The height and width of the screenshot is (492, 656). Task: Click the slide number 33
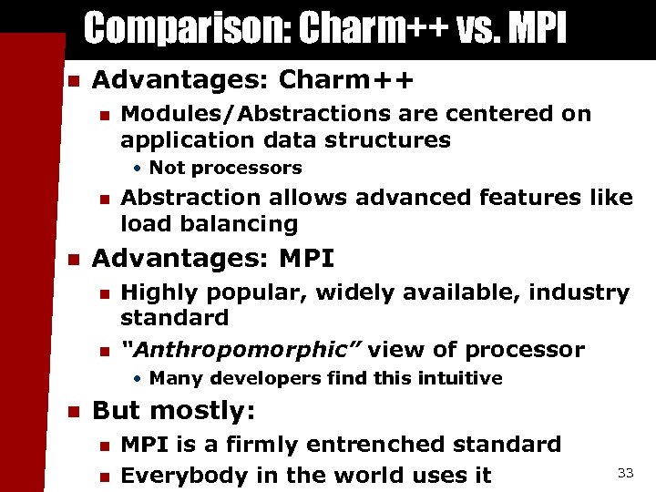[625, 472]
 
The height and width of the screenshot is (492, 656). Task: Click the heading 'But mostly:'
[172, 411]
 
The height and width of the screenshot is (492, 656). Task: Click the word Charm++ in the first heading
[346, 80]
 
